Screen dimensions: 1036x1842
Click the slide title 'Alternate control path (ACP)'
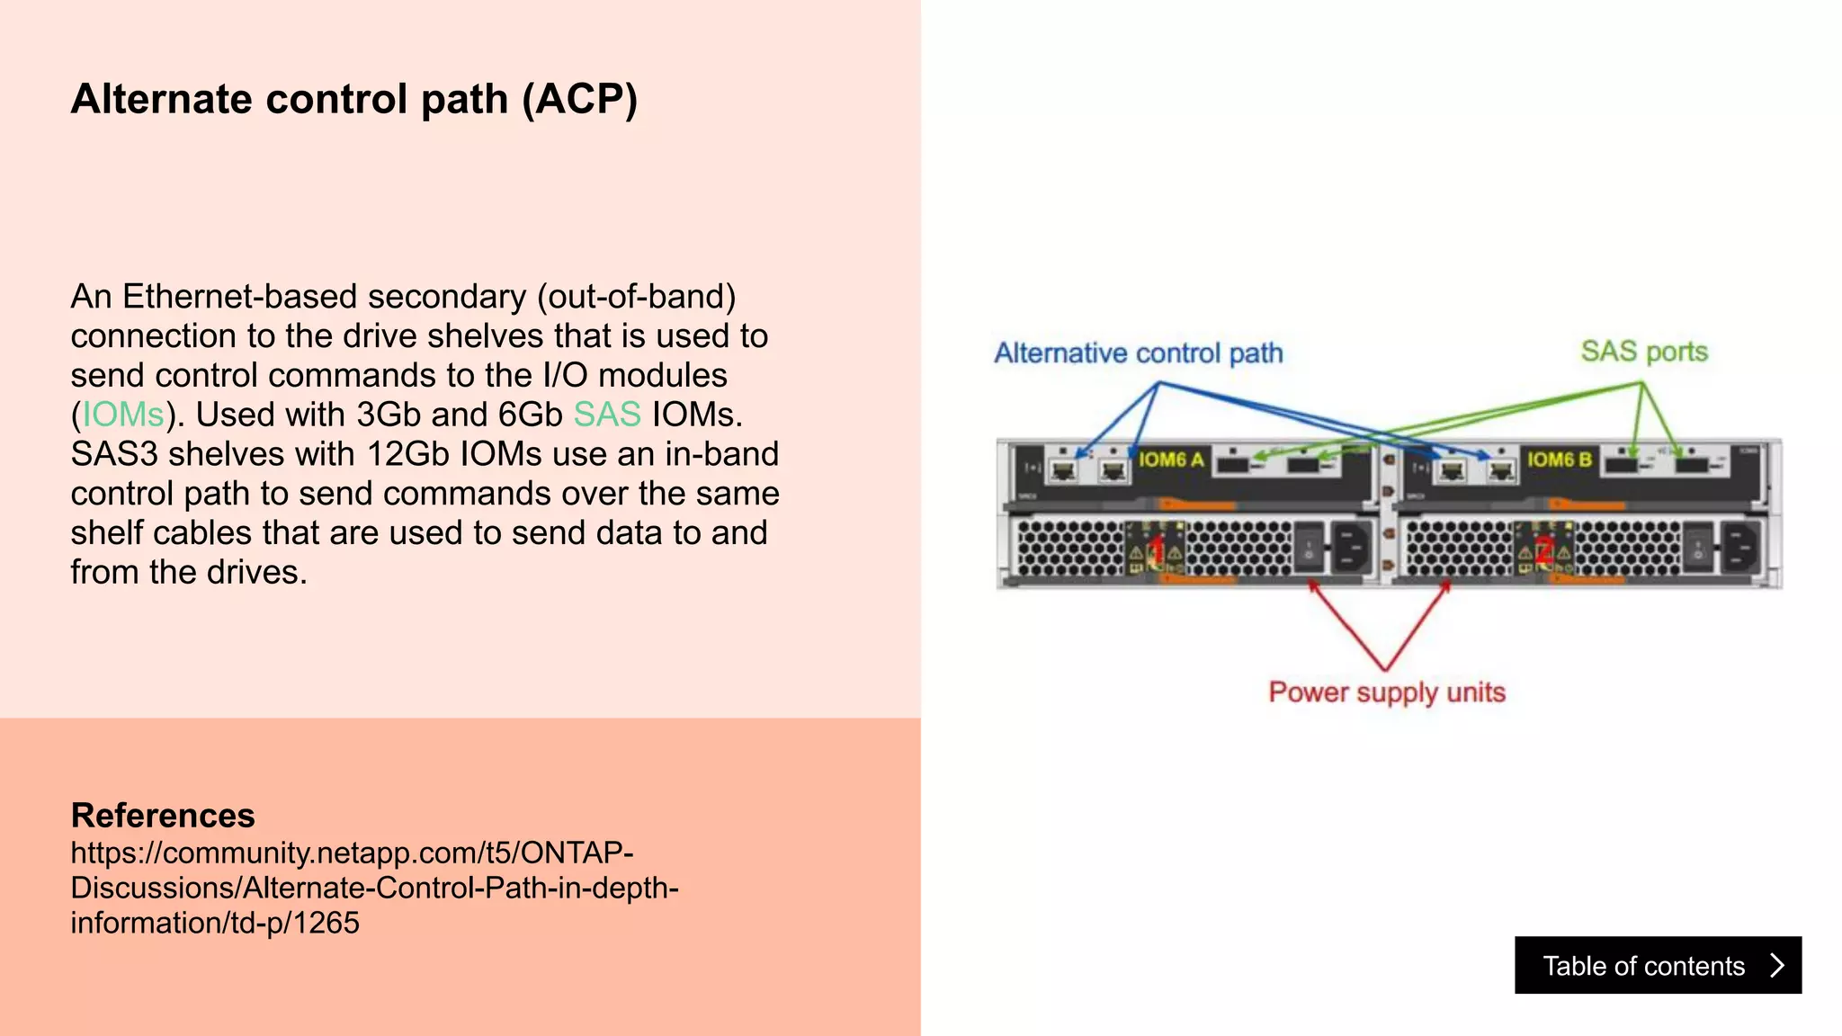pos(354,99)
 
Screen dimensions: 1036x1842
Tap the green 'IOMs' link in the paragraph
pos(123,415)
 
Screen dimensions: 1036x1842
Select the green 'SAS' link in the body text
pos(607,415)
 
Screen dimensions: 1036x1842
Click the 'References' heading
pos(163,815)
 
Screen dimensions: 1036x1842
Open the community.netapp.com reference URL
pos(374,888)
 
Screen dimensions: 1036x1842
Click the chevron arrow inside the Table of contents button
pos(1776,965)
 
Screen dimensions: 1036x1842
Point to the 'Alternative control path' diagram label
pos(1138,353)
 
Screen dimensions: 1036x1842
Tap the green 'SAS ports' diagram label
pos(1644,352)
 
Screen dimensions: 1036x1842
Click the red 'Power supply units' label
pos(1386,692)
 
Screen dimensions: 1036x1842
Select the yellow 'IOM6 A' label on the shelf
pos(1170,460)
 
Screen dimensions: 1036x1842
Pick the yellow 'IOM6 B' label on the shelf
pos(1559,460)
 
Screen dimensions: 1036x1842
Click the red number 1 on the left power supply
pos(1158,549)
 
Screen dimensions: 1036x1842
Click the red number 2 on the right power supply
pos(1543,549)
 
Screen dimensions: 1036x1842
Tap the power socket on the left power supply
pos(1350,548)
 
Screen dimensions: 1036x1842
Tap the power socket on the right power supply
pos(1739,548)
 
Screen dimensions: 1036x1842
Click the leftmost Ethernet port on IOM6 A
pos(1064,469)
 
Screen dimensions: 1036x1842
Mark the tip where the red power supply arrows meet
pos(1385,669)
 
